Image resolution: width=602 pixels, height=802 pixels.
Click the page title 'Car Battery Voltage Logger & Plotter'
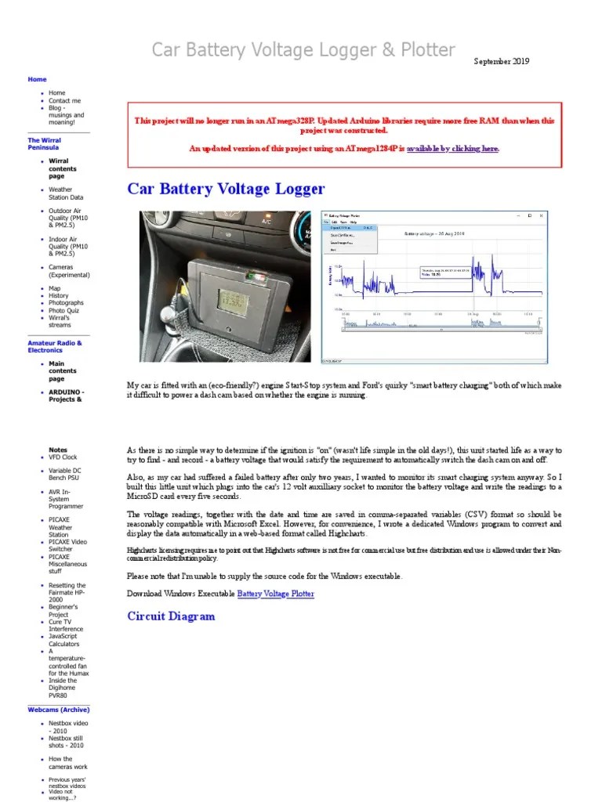coord(303,51)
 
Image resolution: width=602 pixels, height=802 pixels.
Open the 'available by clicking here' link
coord(452,148)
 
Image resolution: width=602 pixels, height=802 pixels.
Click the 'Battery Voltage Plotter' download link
coord(275,594)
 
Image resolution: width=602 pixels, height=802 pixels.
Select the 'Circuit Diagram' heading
coord(171,616)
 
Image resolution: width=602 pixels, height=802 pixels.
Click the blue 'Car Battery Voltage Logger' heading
coord(226,189)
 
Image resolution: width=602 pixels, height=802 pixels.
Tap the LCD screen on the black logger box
coord(209,299)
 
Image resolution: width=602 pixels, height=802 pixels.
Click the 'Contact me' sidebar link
coord(64,101)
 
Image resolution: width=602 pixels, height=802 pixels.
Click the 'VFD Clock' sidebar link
coord(63,457)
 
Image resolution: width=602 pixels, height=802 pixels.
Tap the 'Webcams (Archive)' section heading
coord(59,710)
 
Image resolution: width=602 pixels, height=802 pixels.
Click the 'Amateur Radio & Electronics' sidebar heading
coord(54,346)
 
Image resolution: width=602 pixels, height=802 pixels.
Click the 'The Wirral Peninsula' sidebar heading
coord(44,143)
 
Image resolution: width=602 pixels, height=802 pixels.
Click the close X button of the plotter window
coord(543,215)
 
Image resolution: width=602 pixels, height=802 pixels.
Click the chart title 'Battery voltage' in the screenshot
coord(433,233)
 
